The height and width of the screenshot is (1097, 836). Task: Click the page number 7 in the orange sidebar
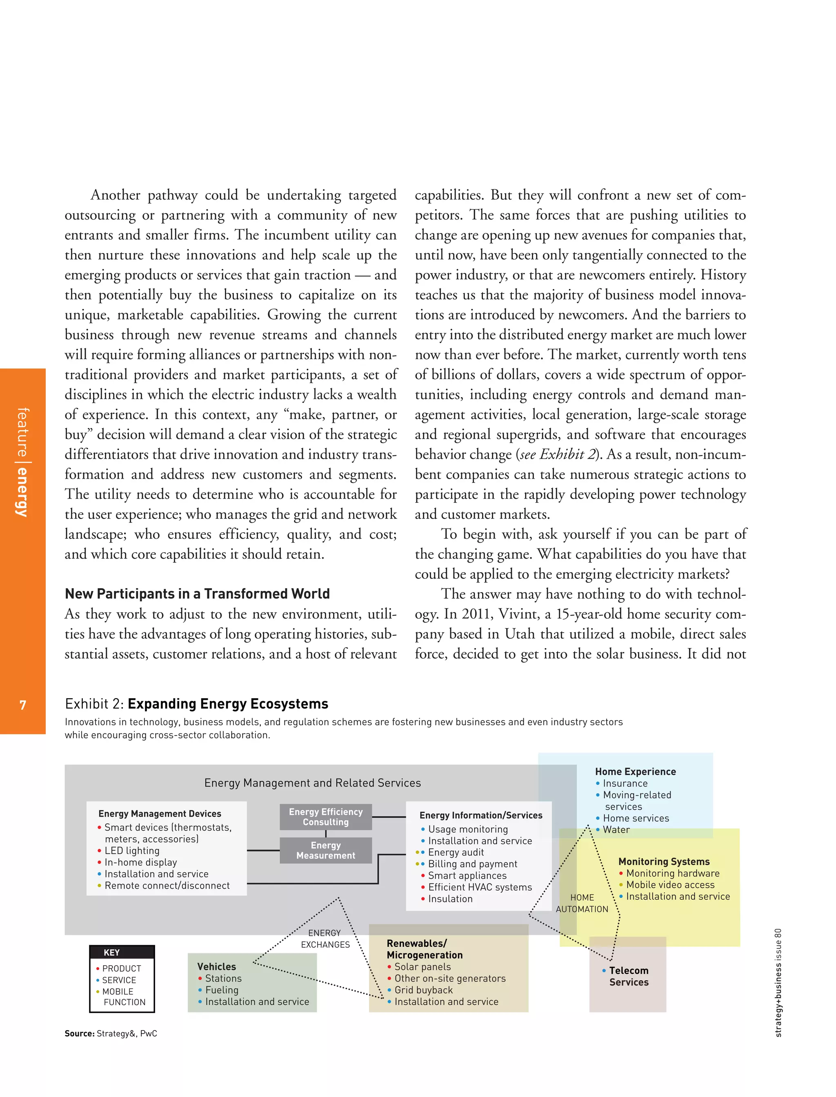pyautogui.click(x=23, y=705)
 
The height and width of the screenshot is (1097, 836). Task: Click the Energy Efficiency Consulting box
pyautogui.click(x=325, y=817)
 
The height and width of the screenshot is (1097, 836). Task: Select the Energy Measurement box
pyautogui.click(x=325, y=850)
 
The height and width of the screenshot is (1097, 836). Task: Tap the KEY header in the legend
pyautogui.click(x=111, y=953)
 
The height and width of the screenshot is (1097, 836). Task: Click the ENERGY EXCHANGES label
pyautogui.click(x=325, y=939)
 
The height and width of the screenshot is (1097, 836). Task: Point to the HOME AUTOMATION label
pyautogui.click(x=582, y=903)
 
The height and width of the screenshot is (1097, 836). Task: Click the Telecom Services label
pyautogui.click(x=629, y=976)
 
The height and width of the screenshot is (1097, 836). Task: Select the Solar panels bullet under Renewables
pyautogui.click(x=422, y=967)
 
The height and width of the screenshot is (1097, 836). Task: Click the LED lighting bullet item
pyautogui.click(x=132, y=851)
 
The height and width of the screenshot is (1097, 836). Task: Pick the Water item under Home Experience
pyautogui.click(x=616, y=829)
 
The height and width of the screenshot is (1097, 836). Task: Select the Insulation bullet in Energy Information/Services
pyautogui.click(x=450, y=899)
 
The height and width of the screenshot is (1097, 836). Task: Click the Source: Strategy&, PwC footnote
pyautogui.click(x=111, y=1033)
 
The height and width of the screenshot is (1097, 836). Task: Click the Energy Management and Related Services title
pyautogui.click(x=313, y=783)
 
